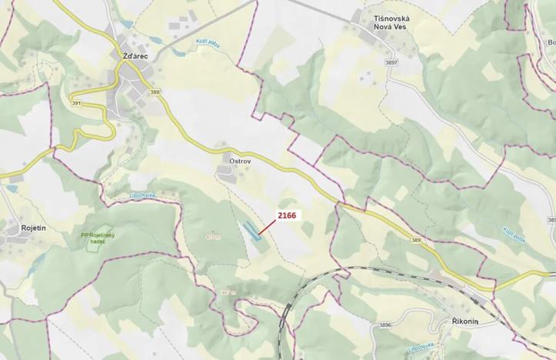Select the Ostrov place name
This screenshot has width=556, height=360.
(241, 158)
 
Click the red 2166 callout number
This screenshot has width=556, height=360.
(286, 215)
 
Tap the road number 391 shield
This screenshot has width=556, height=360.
(76, 102)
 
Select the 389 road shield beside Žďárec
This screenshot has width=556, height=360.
(156, 92)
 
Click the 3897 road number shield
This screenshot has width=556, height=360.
(391, 62)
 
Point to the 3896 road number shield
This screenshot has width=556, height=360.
(385, 325)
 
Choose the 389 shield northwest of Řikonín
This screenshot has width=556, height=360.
(416, 241)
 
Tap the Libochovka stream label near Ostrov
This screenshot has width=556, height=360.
(143, 196)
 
